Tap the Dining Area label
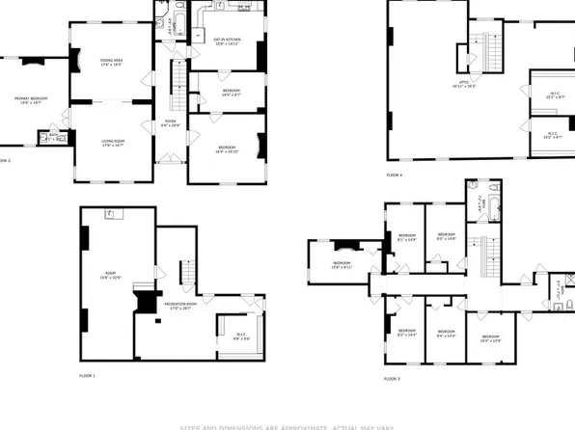(x=111, y=64)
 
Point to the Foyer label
(x=169, y=123)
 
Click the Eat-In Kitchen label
(x=228, y=41)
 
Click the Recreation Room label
(x=175, y=306)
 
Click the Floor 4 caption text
(x=395, y=175)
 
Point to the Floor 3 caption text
(x=392, y=379)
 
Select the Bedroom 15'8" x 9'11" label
(x=342, y=265)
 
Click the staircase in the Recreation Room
(x=187, y=270)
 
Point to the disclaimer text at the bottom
(x=287, y=425)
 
